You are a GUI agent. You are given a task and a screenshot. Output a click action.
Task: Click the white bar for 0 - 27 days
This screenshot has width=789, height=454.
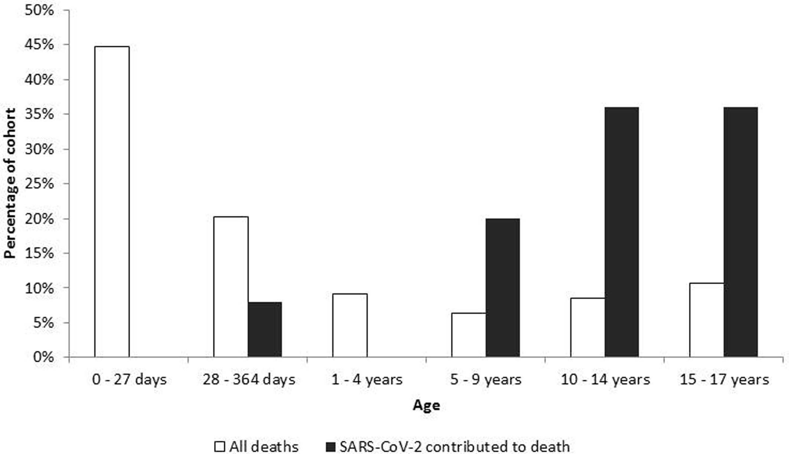(x=112, y=202)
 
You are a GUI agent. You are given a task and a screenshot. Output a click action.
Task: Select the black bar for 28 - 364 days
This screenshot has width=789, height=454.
(x=265, y=329)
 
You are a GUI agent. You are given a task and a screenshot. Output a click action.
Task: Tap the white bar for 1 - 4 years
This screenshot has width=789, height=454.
(x=350, y=325)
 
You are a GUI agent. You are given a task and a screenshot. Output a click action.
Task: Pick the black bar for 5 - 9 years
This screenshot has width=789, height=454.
(x=502, y=288)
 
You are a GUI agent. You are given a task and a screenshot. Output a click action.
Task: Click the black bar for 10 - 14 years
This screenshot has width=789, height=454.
(x=622, y=232)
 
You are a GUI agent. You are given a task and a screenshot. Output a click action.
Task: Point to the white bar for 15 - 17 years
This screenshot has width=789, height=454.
(x=707, y=320)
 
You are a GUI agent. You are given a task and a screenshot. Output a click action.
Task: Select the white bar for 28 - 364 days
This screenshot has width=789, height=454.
(x=231, y=287)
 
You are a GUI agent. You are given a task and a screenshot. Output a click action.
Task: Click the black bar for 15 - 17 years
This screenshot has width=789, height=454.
(x=740, y=232)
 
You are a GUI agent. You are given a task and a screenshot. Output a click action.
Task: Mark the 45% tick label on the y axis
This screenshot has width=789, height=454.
(x=39, y=45)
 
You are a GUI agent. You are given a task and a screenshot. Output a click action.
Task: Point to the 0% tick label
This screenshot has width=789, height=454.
(x=43, y=357)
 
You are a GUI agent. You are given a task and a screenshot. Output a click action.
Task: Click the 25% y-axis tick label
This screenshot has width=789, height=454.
(x=39, y=184)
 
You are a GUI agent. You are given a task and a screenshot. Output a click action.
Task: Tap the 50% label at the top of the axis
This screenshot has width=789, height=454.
(x=39, y=10)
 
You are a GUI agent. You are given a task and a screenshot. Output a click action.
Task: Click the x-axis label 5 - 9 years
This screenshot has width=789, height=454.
(x=486, y=380)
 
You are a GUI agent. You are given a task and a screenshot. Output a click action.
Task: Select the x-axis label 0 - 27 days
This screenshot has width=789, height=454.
(x=129, y=380)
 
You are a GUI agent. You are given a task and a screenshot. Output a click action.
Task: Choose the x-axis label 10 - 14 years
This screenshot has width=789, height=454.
(x=605, y=380)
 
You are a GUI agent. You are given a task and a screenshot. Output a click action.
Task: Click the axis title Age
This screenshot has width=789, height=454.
(x=426, y=405)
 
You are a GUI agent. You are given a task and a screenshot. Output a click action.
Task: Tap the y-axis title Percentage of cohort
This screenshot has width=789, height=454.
(x=10, y=183)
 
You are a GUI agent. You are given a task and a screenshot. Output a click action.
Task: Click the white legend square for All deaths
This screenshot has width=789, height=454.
(x=219, y=446)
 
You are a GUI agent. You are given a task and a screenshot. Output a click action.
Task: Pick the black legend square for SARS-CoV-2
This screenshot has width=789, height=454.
(x=330, y=446)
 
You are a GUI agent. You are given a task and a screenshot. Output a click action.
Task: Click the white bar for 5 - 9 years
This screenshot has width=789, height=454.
(x=469, y=335)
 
